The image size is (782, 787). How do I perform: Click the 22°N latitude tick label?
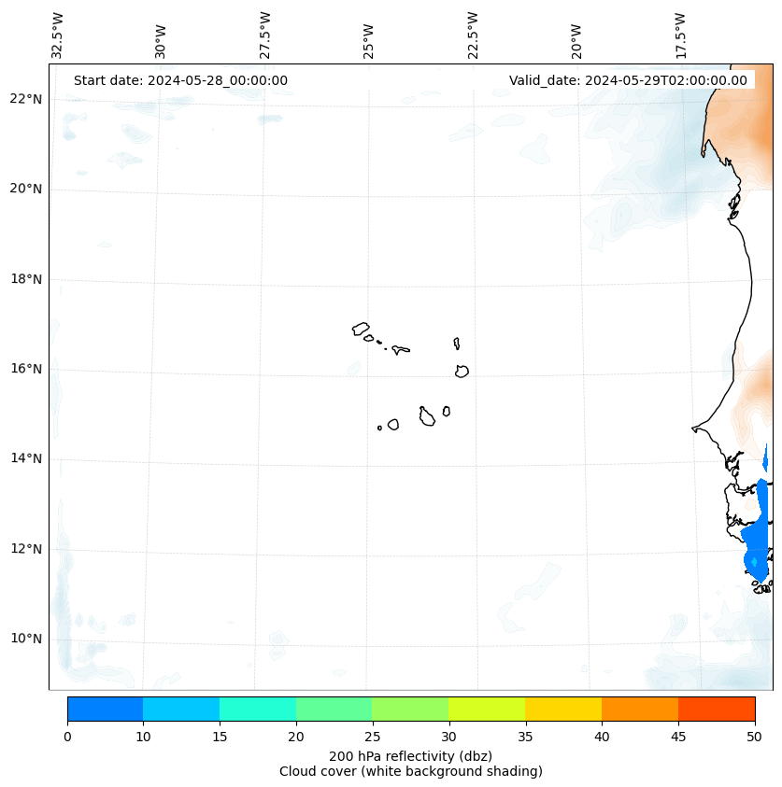tap(24, 99)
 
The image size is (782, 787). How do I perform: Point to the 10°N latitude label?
tap(24, 639)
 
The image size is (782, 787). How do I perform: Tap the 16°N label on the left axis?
tap(24, 369)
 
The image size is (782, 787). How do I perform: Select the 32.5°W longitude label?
tap(58, 36)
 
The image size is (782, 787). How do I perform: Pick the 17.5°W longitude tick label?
tap(681, 36)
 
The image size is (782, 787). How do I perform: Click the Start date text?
tap(180, 80)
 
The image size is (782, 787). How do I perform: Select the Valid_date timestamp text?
tap(628, 80)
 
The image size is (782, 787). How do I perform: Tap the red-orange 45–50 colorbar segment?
tap(717, 709)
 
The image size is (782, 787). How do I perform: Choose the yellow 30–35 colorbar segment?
tap(487, 709)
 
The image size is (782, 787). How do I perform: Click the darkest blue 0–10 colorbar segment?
tap(105, 709)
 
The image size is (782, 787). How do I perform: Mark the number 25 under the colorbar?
tap(372, 738)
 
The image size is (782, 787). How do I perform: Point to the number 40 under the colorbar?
tap(602, 738)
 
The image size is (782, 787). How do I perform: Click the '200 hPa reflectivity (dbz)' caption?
tap(410, 755)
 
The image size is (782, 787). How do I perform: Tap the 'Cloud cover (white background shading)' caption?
tap(410, 771)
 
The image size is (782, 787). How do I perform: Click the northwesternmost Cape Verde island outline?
tap(361, 329)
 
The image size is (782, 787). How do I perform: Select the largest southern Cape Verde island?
tap(427, 417)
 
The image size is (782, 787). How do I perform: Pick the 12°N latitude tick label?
tap(24, 549)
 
